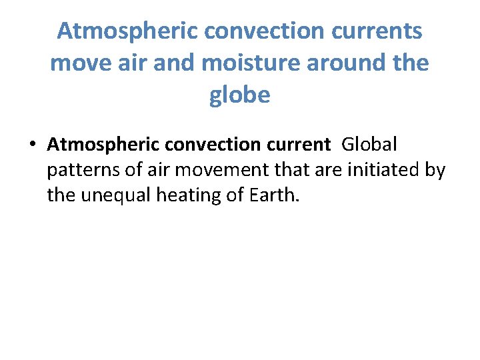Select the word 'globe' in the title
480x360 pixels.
pyautogui.click(x=240, y=95)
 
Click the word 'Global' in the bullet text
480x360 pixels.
pyautogui.click(x=369, y=144)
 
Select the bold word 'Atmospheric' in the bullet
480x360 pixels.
pyautogui.click(x=91, y=144)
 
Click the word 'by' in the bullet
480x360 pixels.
pyautogui.click(x=435, y=171)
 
